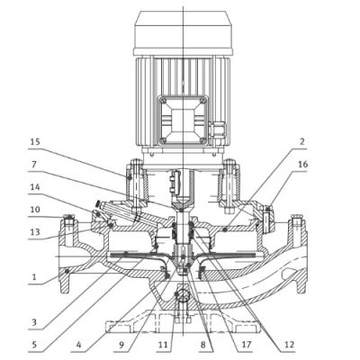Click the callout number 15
pyautogui.click(x=35, y=142)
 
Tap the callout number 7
pyautogui.click(x=33, y=165)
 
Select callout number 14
pyautogui.click(x=35, y=187)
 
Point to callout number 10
pyautogui.click(x=35, y=209)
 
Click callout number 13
pyautogui.click(x=35, y=232)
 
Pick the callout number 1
pyautogui.click(x=34, y=276)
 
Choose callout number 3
pyautogui.click(x=34, y=322)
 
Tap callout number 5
pyautogui.click(x=34, y=345)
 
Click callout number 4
pyautogui.click(x=78, y=345)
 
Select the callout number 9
pyautogui.click(x=121, y=345)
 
